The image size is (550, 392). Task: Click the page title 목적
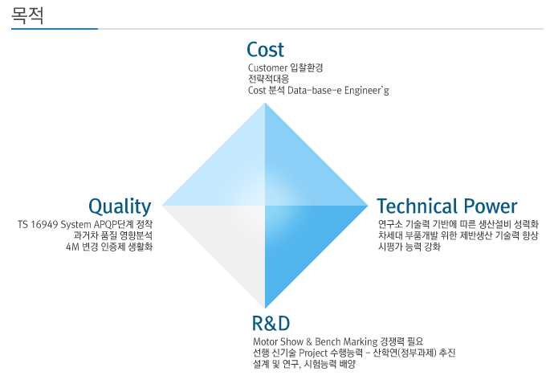pos(27,15)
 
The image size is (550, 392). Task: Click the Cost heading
pos(265,50)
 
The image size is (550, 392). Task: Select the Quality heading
pos(120,206)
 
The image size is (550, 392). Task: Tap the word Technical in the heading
pos(418,206)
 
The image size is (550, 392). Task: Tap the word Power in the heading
pos(491,206)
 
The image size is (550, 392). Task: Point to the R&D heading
pos(271,323)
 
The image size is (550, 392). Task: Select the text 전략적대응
pos(268,79)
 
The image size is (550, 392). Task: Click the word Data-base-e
pos(314,90)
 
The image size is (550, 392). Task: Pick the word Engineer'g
pos(367,91)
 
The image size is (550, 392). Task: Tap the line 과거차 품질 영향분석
pos(113,235)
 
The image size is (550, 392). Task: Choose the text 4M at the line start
pos(72,247)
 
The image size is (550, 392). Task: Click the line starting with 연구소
pos(458,224)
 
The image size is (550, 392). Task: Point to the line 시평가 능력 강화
pos(409,247)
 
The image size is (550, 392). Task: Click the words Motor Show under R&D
pos(278,341)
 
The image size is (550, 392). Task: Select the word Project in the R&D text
pos(313,353)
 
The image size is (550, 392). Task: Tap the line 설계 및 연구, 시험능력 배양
pos(304,364)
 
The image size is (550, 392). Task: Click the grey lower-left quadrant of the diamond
pos(231,239)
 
